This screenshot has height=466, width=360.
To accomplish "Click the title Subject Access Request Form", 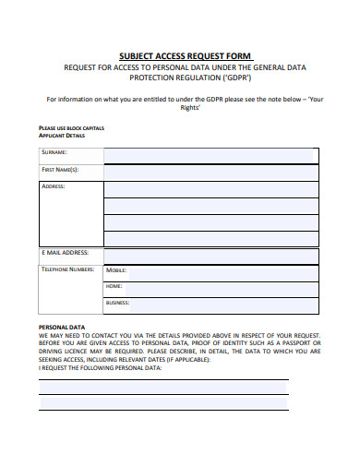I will (x=186, y=54).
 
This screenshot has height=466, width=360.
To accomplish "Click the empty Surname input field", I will (x=211, y=154).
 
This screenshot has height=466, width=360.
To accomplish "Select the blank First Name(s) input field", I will (x=211, y=171).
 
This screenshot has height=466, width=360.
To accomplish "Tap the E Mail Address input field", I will (x=211, y=255).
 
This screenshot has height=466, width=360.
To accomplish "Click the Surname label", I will (x=54, y=152).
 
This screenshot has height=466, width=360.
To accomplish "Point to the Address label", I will (x=54, y=185).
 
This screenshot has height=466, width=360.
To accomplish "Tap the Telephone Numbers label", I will (x=67, y=269).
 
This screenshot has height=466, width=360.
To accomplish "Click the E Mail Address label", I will (x=65, y=252).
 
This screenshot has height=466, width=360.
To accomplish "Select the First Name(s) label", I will (x=60, y=170).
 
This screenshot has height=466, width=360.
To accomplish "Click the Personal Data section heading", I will (x=61, y=327).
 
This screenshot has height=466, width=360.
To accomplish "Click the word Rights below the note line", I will (x=188, y=107).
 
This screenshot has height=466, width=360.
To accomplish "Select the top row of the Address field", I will (x=211, y=188).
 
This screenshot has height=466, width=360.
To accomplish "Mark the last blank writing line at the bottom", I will (x=163, y=411).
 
